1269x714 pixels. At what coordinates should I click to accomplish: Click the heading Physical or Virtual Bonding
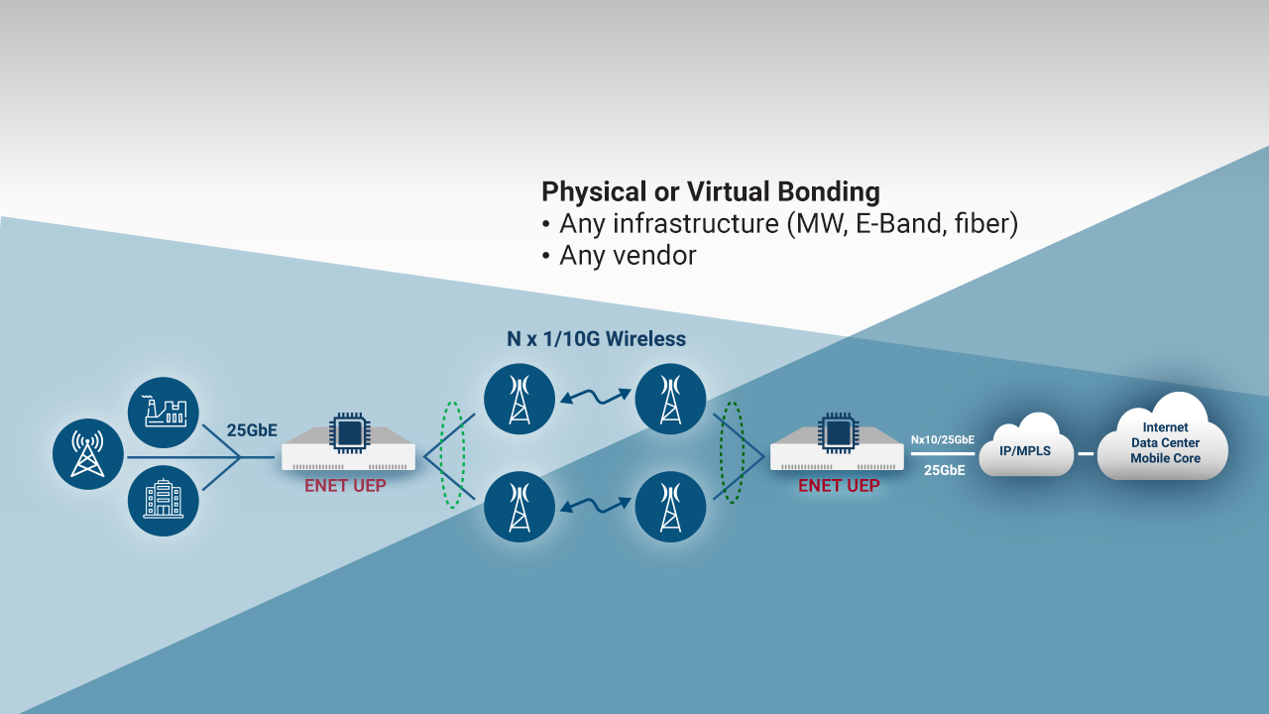click(710, 191)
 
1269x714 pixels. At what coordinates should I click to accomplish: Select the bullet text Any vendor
click(628, 256)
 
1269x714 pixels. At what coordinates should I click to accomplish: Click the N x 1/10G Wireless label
click(596, 339)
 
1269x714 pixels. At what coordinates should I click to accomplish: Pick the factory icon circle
click(164, 413)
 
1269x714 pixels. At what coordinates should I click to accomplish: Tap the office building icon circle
click(164, 501)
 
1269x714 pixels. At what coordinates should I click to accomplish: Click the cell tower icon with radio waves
click(88, 453)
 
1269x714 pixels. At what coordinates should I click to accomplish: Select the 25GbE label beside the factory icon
click(253, 430)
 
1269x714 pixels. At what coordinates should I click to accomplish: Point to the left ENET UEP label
click(345, 486)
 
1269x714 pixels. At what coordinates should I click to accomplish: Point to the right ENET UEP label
click(839, 486)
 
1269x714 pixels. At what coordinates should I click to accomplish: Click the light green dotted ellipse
click(452, 455)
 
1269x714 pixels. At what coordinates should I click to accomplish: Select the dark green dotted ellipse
click(733, 452)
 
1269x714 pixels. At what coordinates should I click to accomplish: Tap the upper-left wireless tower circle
click(519, 400)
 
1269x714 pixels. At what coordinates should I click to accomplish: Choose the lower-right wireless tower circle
click(671, 507)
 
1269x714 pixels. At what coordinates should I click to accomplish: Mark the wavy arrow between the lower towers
click(595, 505)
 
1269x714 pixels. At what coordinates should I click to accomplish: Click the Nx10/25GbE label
click(943, 439)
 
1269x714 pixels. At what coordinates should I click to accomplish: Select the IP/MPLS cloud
click(1026, 451)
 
